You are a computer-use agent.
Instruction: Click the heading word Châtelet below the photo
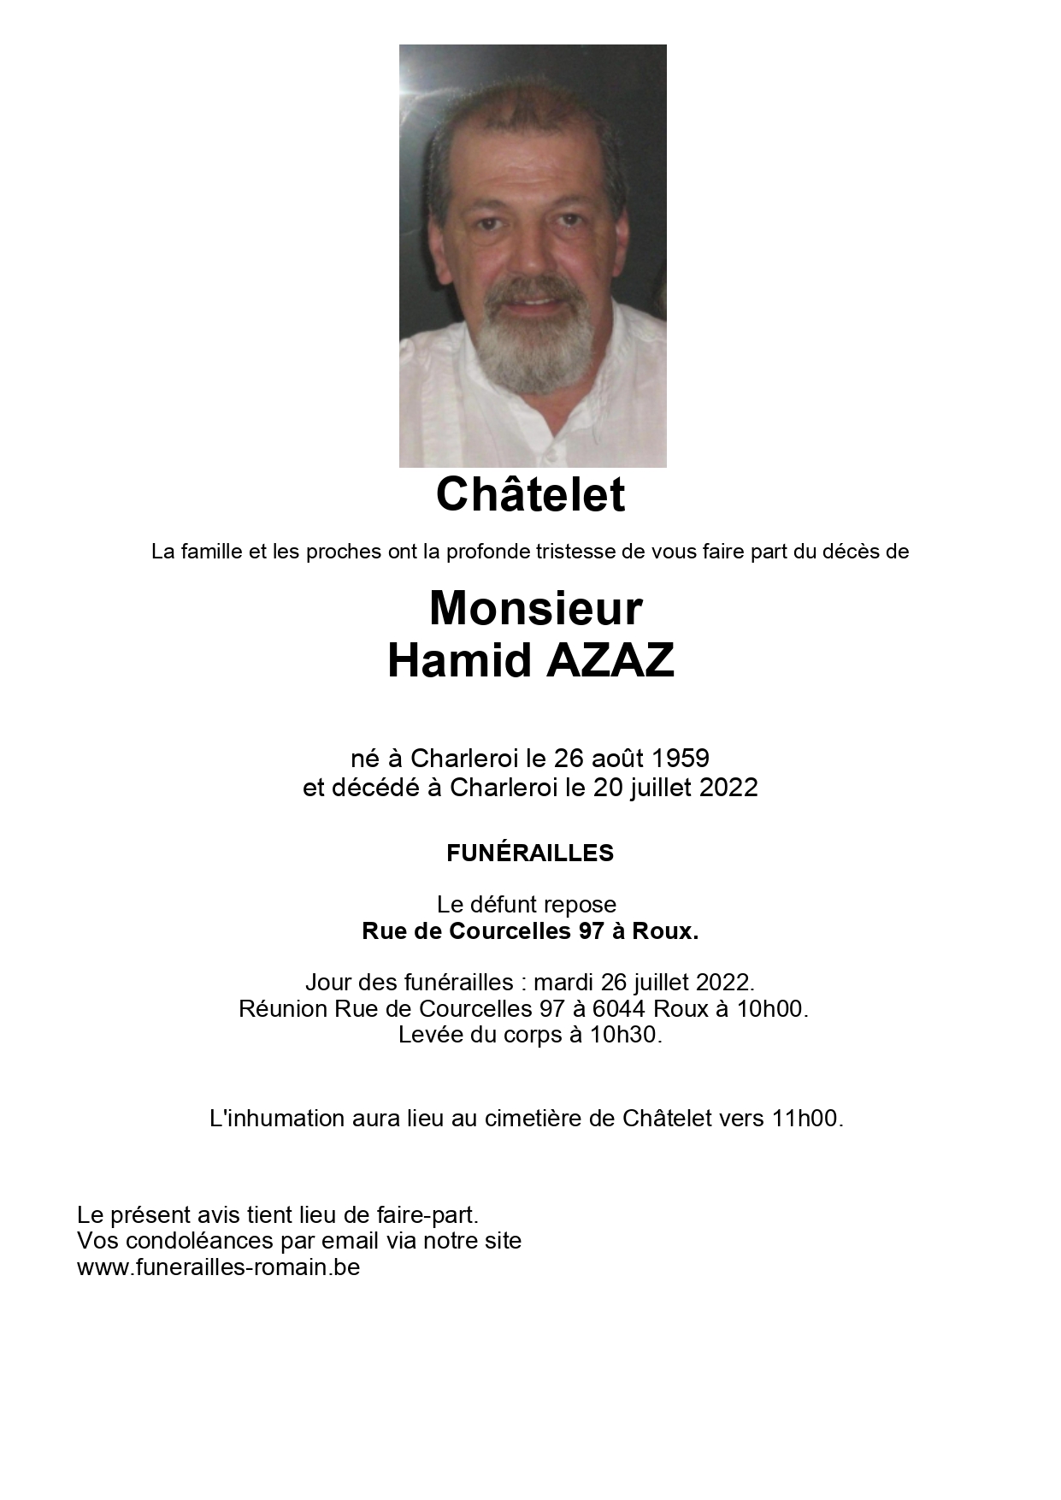[530, 494]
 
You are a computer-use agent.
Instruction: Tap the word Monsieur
[535, 608]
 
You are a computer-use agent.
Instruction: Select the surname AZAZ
[610, 660]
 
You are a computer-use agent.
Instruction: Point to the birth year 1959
[681, 759]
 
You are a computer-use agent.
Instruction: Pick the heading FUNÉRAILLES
[530, 853]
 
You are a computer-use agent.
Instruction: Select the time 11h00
[806, 1119]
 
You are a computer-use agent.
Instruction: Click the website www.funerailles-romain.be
[218, 1267]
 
